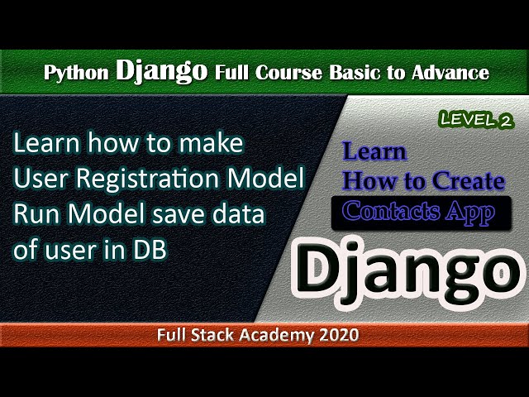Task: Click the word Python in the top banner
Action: (75, 73)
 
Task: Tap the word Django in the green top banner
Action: (162, 70)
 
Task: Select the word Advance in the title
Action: (450, 73)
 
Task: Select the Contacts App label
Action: (418, 212)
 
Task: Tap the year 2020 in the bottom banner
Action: (337, 335)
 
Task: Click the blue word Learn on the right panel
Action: (374, 152)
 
